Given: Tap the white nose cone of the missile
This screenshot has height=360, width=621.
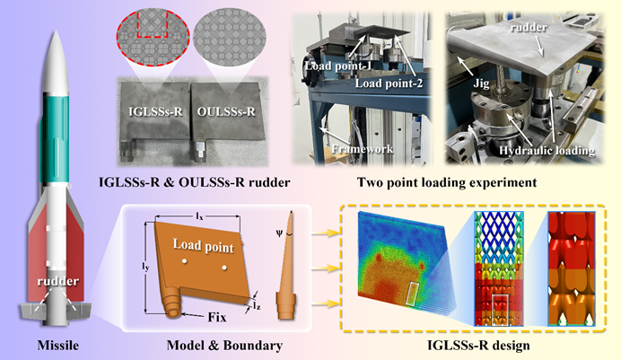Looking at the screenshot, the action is tap(51, 45).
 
